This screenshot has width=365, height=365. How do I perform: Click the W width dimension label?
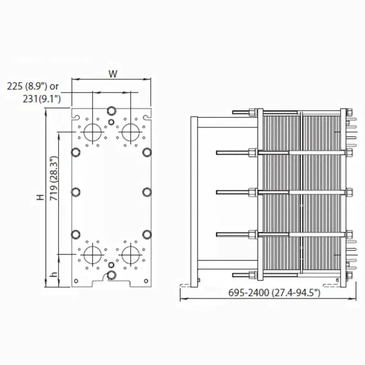coord(113,74)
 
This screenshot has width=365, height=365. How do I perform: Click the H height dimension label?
coord(40,197)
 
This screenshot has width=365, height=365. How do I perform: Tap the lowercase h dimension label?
coord(54,275)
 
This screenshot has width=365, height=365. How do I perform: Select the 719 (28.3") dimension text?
coord(54,178)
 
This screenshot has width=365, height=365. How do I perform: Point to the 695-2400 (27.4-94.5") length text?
coord(274,293)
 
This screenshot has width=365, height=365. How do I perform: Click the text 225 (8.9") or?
coord(32,87)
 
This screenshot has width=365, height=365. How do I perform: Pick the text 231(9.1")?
coord(41,99)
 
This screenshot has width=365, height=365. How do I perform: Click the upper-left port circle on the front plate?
coord(92,132)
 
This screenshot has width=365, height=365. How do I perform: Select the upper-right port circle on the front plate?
coord(130,132)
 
